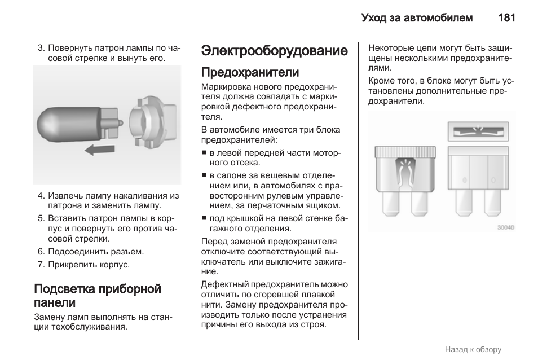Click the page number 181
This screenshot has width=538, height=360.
[506, 17]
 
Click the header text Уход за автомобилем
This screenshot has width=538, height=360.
[417, 17]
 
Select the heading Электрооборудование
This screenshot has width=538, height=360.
[274, 51]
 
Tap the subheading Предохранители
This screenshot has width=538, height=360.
[250, 72]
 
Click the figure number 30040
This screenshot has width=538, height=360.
[505, 228]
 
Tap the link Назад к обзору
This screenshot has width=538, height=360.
[473, 349]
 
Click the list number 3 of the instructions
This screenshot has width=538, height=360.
[41, 48]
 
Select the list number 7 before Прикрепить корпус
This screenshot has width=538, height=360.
[41, 264]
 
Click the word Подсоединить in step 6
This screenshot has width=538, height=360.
[74, 252]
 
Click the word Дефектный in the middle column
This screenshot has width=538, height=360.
[224, 284]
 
